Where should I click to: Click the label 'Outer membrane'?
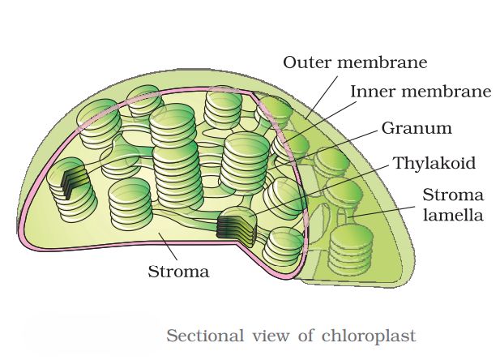coord(354,62)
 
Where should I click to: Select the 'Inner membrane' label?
coord(420,92)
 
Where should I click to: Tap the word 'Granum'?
coord(417,128)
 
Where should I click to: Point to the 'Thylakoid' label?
coord(434,162)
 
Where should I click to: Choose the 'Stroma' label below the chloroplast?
coord(178,271)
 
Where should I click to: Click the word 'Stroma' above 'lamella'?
coord(453,195)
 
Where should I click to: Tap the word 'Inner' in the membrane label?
coord(371,92)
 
